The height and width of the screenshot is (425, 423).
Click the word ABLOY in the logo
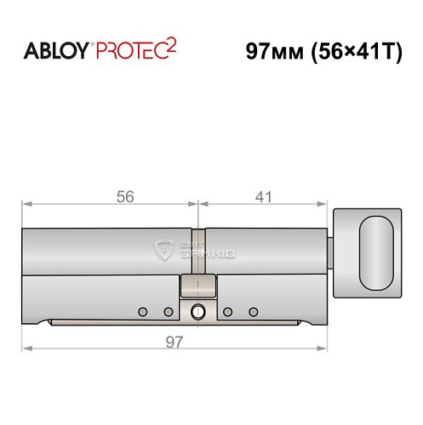[54, 50]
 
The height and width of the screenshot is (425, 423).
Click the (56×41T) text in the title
[353, 50]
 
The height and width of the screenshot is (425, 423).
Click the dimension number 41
[263, 197]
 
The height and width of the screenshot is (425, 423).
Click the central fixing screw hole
[197, 312]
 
